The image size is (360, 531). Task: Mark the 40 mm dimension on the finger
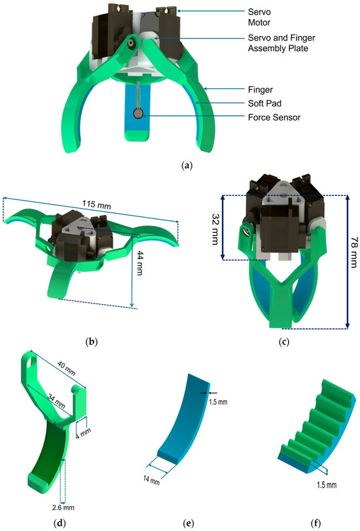(x=62, y=365)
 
